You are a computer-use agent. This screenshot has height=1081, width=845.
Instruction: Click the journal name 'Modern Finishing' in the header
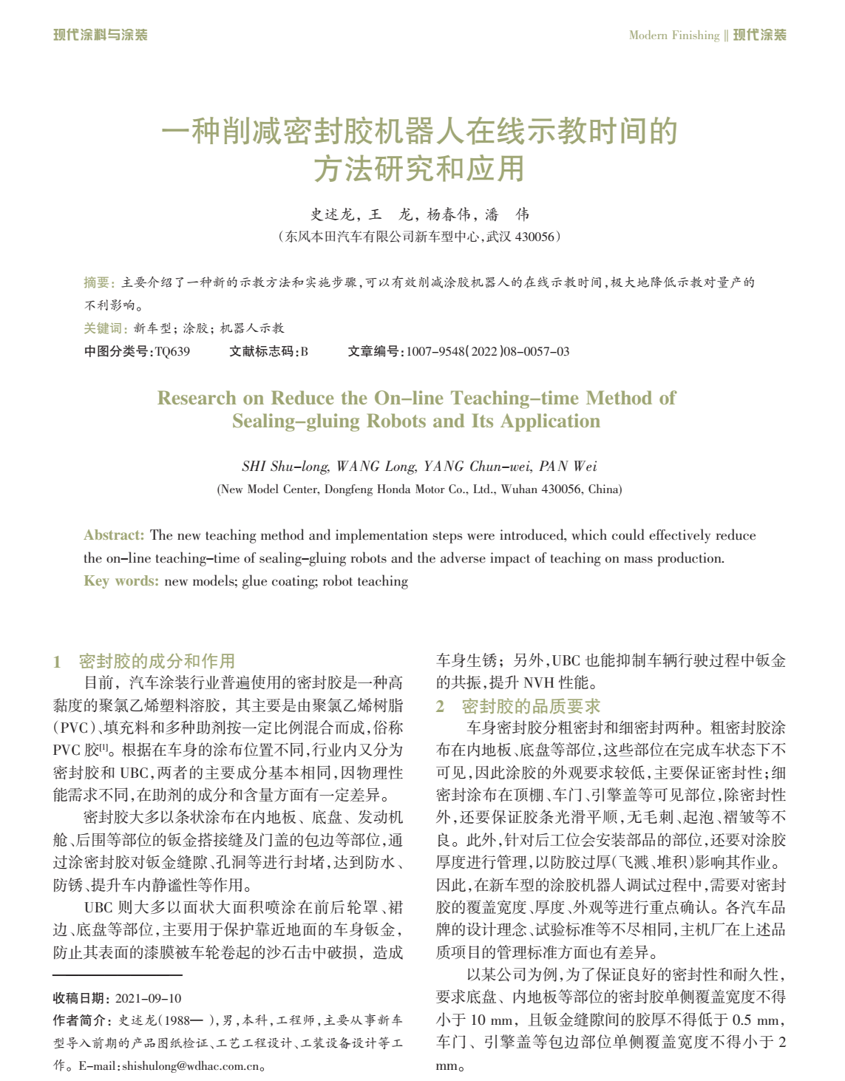[673, 35]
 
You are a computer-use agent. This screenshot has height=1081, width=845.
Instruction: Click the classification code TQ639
[172, 351]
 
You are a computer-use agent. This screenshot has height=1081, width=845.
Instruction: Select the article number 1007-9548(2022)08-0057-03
[488, 351]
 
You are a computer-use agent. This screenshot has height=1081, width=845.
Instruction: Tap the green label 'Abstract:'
[114, 535]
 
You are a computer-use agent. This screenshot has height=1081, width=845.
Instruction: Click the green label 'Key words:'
[121, 581]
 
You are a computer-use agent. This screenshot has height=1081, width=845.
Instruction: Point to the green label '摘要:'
[99, 282]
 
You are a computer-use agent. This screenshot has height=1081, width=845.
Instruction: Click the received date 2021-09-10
[148, 998]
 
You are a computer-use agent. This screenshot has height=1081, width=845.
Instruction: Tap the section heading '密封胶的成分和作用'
[157, 661]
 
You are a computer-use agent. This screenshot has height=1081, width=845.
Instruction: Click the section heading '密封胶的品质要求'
[531, 706]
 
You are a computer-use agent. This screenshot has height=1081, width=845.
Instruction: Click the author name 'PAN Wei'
[568, 467]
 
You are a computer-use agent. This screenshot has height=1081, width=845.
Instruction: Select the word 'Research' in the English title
[197, 399]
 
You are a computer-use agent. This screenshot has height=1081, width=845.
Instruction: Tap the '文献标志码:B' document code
[268, 351]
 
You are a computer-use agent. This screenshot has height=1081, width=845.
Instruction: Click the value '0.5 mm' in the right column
[755, 1020]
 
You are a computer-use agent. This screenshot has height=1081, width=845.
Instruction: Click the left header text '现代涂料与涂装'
[101, 35]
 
